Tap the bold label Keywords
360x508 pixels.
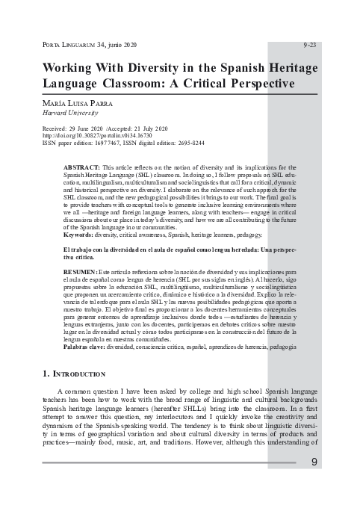pos(79,234)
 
